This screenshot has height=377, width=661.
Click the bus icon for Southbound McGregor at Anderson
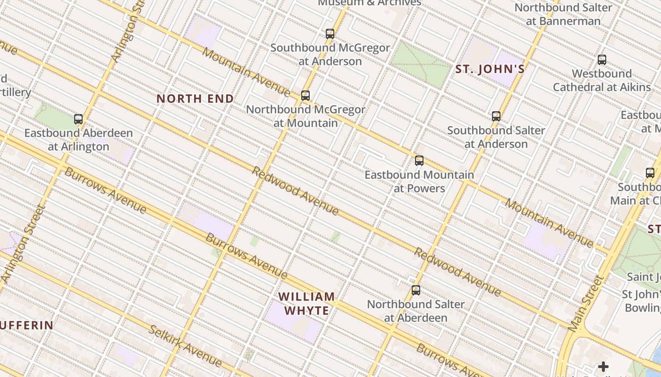[x=330, y=34]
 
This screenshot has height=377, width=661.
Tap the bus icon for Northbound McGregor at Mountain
[x=305, y=96]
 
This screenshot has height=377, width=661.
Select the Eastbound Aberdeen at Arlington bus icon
[x=78, y=119]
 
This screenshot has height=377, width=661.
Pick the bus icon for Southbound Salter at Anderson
[x=496, y=116]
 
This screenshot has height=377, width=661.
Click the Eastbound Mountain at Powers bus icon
[x=419, y=161]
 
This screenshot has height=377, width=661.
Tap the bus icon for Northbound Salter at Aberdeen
[x=415, y=290]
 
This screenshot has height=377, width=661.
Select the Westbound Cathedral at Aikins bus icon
[x=602, y=60]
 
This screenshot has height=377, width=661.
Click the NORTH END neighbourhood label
[x=195, y=99]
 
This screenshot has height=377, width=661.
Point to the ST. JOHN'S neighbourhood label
[x=490, y=70]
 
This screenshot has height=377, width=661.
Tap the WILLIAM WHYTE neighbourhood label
[x=306, y=303]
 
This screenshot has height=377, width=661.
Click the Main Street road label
[x=586, y=303]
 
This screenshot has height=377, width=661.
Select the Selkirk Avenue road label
[x=185, y=346]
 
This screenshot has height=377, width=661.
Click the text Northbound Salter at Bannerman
[x=563, y=14]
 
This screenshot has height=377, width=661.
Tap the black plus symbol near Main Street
[x=603, y=367]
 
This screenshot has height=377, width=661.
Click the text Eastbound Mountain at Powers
[x=419, y=181]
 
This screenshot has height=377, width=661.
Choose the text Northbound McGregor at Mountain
[x=305, y=116]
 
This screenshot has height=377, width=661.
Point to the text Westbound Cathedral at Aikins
[x=602, y=80]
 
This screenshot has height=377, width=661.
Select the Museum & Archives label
[x=369, y=3]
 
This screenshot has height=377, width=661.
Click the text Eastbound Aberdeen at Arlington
[x=78, y=139]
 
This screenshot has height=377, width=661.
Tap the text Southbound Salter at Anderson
[x=496, y=137]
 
